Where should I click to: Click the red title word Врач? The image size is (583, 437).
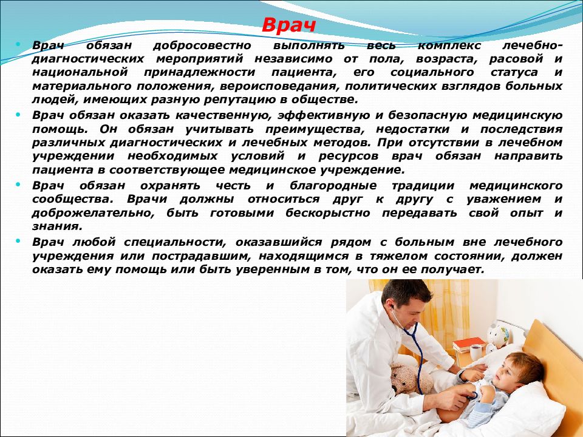289,25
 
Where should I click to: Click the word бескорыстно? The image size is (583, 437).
327,213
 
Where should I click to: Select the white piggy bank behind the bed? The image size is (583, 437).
498,332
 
